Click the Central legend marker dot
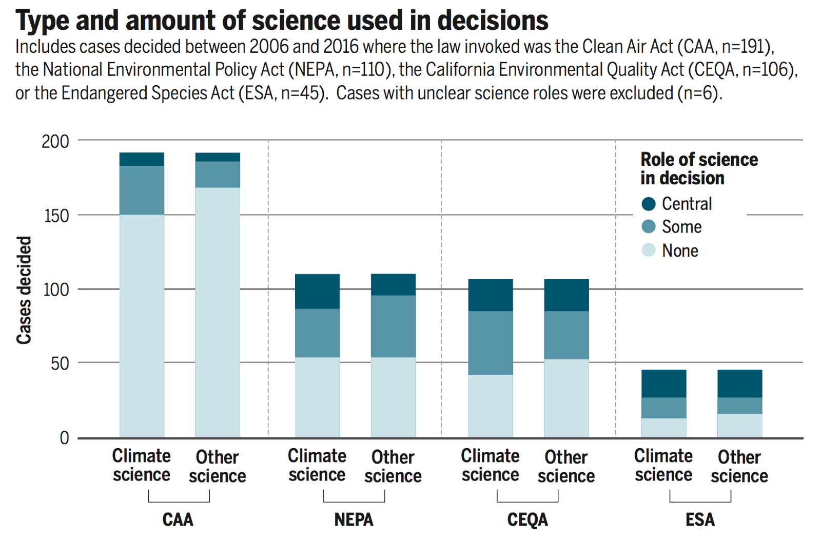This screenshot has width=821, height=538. (x=649, y=204)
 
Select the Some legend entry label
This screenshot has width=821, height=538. (x=681, y=227)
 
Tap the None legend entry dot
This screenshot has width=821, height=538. (x=649, y=250)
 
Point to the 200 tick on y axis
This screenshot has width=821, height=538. (x=55, y=141)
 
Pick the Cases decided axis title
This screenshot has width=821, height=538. (x=24, y=290)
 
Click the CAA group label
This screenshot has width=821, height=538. (x=178, y=520)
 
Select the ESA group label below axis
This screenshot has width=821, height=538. (x=700, y=520)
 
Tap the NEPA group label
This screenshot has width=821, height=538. (x=354, y=520)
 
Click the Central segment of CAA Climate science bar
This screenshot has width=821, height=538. (x=142, y=159)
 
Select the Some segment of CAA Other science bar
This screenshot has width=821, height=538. (x=218, y=175)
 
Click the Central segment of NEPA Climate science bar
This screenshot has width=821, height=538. (x=317, y=291)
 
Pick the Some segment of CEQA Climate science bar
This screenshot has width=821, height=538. (x=490, y=343)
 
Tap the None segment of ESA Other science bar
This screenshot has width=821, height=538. (x=739, y=426)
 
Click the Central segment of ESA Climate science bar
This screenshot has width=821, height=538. (x=663, y=383)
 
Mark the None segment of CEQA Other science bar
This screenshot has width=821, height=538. (x=566, y=398)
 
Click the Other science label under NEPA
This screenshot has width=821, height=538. (x=393, y=466)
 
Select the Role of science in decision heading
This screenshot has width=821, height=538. (x=698, y=168)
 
